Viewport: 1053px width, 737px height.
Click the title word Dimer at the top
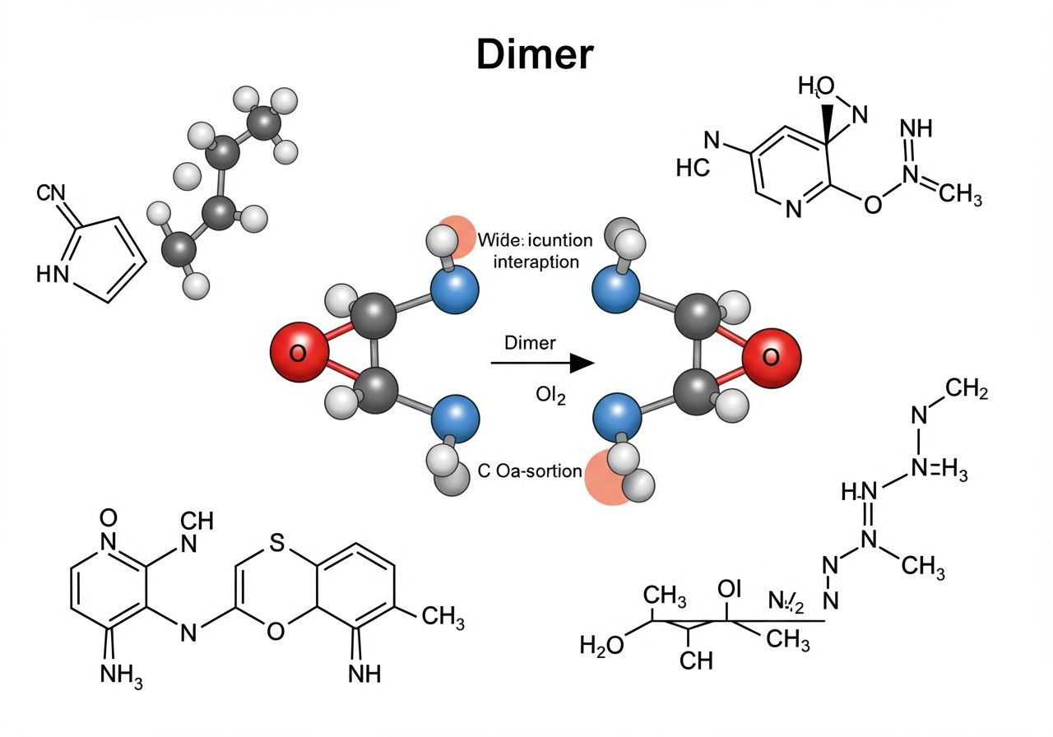click(x=535, y=53)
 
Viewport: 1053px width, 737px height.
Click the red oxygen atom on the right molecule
click(x=771, y=357)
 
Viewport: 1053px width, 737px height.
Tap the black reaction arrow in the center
click(x=543, y=363)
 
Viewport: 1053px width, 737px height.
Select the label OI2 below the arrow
click(x=550, y=396)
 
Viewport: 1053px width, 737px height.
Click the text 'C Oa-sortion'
click(x=530, y=471)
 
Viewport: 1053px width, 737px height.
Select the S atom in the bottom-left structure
click(x=276, y=542)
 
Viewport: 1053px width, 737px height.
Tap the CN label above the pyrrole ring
click(x=50, y=194)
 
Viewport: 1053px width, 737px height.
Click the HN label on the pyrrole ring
click(x=53, y=274)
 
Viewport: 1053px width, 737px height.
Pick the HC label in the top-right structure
click(x=692, y=169)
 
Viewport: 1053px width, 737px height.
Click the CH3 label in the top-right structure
click(x=954, y=197)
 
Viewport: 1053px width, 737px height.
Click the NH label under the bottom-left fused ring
click(x=364, y=674)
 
